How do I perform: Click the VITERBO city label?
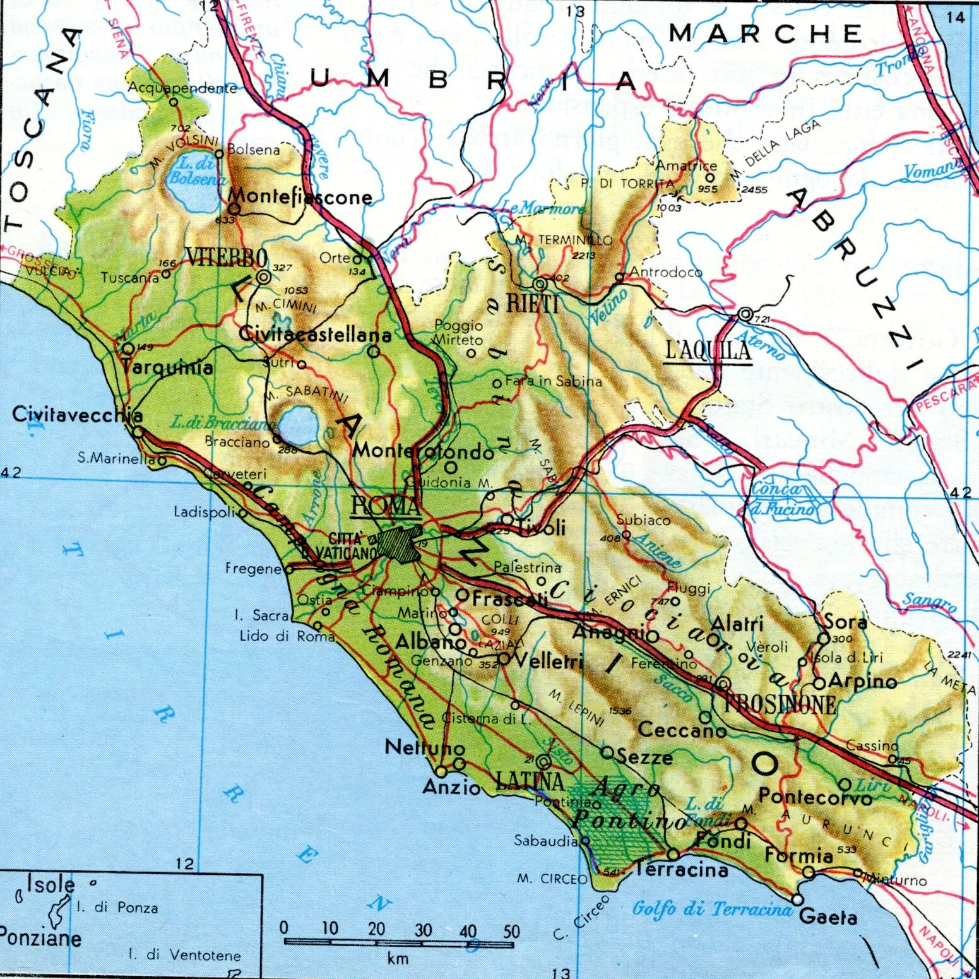click(x=226, y=258)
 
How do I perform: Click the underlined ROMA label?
click(x=385, y=506)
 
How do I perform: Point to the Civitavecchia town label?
click(x=77, y=415)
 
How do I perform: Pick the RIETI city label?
click(x=533, y=304)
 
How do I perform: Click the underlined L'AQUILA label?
click(x=709, y=351)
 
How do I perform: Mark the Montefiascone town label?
click(x=300, y=197)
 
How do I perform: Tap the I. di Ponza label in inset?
click(x=117, y=908)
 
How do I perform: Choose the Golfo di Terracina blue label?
click(x=711, y=909)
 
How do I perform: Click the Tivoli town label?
click(x=541, y=528)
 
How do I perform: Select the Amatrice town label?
click(x=686, y=165)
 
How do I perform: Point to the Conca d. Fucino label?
click(x=783, y=498)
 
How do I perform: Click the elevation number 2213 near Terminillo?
click(x=583, y=255)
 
